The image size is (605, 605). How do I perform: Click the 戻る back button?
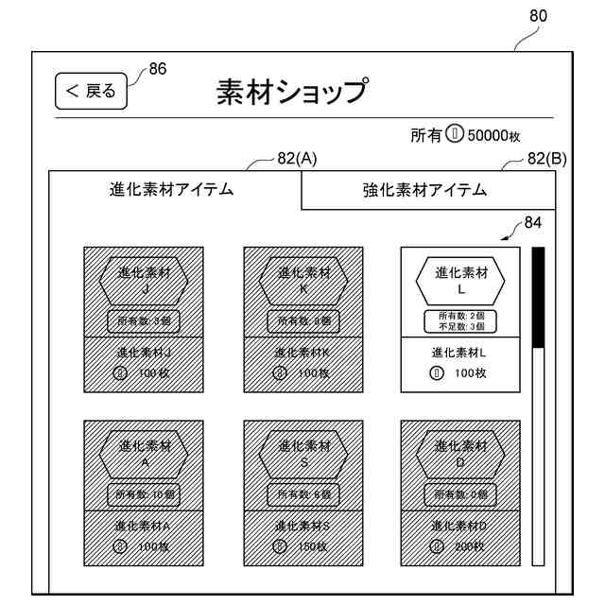click(91, 92)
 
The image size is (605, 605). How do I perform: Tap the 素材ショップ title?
click(290, 93)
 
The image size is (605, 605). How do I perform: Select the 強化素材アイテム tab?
click(424, 190)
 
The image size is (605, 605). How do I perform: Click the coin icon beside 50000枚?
click(455, 136)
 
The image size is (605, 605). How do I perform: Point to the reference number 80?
click(538, 16)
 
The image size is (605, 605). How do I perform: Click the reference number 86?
click(158, 69)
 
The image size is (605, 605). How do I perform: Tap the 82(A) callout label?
click(297, 158)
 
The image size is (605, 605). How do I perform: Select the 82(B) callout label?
click(547, 158)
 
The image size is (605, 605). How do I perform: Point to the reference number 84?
click(533, 223)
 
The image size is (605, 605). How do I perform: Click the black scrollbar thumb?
click(538, 298)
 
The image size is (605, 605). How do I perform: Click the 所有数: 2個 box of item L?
click(460, 320)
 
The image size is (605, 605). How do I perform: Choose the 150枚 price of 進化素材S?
click(312, 546)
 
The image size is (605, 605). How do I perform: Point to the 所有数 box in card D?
click(460, 494)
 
